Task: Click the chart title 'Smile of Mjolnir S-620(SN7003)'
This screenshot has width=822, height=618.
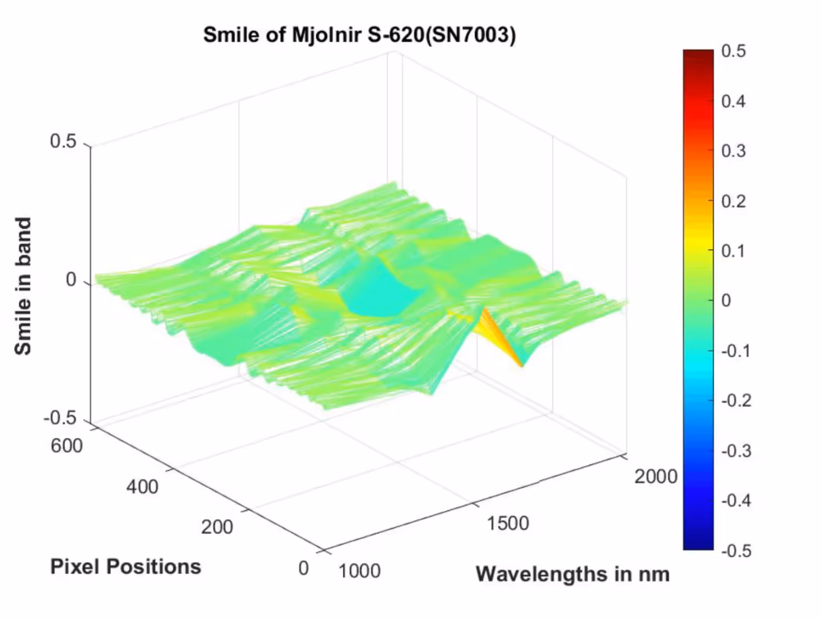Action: tap(359, 35)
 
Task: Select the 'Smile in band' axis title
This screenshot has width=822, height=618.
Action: tap(23, 286)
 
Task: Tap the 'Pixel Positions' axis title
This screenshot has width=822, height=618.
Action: tap(126, 567)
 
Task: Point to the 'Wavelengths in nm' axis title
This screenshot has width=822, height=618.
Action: tap(572, 574)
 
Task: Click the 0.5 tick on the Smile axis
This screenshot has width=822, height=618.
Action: tap(63, 142)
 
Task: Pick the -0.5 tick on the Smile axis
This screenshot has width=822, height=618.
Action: tap(60, 418)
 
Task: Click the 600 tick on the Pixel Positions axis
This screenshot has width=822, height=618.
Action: tap(66, 446)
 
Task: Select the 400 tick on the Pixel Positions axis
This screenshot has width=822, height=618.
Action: tap(142, 487)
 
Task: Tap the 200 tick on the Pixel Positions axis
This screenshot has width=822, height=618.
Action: tap(217, 527)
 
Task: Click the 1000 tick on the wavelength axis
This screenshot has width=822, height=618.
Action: tap(359, 570)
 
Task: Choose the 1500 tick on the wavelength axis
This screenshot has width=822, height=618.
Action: tap(508, 523)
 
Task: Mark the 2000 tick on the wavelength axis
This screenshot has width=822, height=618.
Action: tap(656, 476)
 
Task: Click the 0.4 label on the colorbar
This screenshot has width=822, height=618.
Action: tap(733, 102)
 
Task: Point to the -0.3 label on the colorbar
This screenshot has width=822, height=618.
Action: tap(736, 451)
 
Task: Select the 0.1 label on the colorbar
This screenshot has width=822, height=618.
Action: tap(733, 251)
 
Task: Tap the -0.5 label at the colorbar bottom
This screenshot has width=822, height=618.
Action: tap(736, 551)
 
